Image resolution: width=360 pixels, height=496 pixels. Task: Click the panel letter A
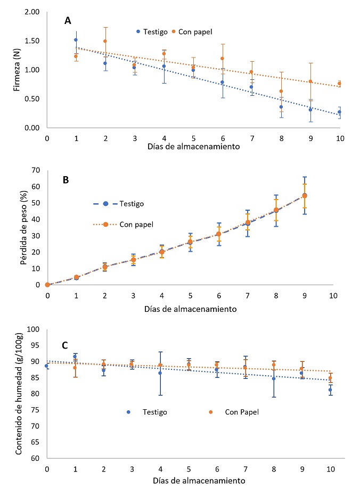(x=68, y=21)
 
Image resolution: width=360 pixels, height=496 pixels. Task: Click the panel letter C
(x=64, y=345)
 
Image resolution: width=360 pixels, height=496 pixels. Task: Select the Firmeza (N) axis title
(x=18, y=70)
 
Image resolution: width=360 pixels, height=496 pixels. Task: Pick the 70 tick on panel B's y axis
(x=36, y=170)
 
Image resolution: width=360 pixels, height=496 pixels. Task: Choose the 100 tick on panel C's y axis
(x=34, y=329)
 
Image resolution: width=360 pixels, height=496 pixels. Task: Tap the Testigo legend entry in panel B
(x=130, y=203)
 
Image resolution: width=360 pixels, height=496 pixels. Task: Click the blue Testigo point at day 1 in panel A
(x=76, y=40)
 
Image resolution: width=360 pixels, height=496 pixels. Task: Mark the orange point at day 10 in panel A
(x=339, y=84)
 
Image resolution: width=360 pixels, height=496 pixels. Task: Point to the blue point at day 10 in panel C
(x=330, y=390)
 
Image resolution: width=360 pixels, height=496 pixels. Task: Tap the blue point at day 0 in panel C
(x=47, y=366)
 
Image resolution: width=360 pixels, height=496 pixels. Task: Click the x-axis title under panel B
(x=190, y=308)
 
